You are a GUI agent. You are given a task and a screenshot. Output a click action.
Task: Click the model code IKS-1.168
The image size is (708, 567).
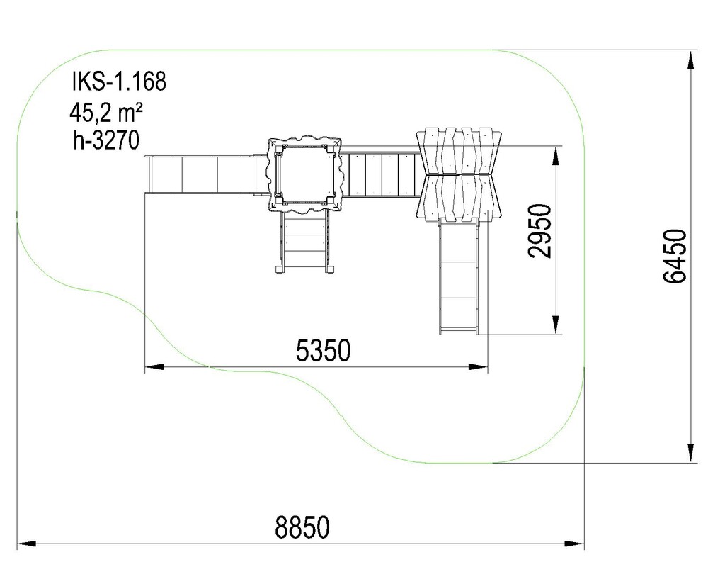(x=119, y=82)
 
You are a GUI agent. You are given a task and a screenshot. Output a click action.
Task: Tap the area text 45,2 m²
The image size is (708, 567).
(x=106, y=112)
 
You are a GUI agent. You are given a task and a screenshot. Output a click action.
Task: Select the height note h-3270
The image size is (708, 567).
(x=106, y=140)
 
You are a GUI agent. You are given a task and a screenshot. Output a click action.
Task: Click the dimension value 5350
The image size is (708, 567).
(x=323, y=350)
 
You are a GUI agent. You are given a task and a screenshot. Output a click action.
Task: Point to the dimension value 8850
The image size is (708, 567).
(x=302, y=527)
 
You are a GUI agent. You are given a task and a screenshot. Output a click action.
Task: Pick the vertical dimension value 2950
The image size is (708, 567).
(x=539, y=231)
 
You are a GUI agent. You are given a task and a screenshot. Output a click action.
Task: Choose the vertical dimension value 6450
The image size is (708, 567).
(x=675, y=257)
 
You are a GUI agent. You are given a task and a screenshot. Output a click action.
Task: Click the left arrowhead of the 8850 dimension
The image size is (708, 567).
(x=26, y=544)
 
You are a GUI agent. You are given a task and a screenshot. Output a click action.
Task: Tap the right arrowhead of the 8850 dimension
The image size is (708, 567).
(x=575, y=544)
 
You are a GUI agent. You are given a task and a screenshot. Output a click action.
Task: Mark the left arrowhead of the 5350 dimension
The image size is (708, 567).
(x=154, y=366)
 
